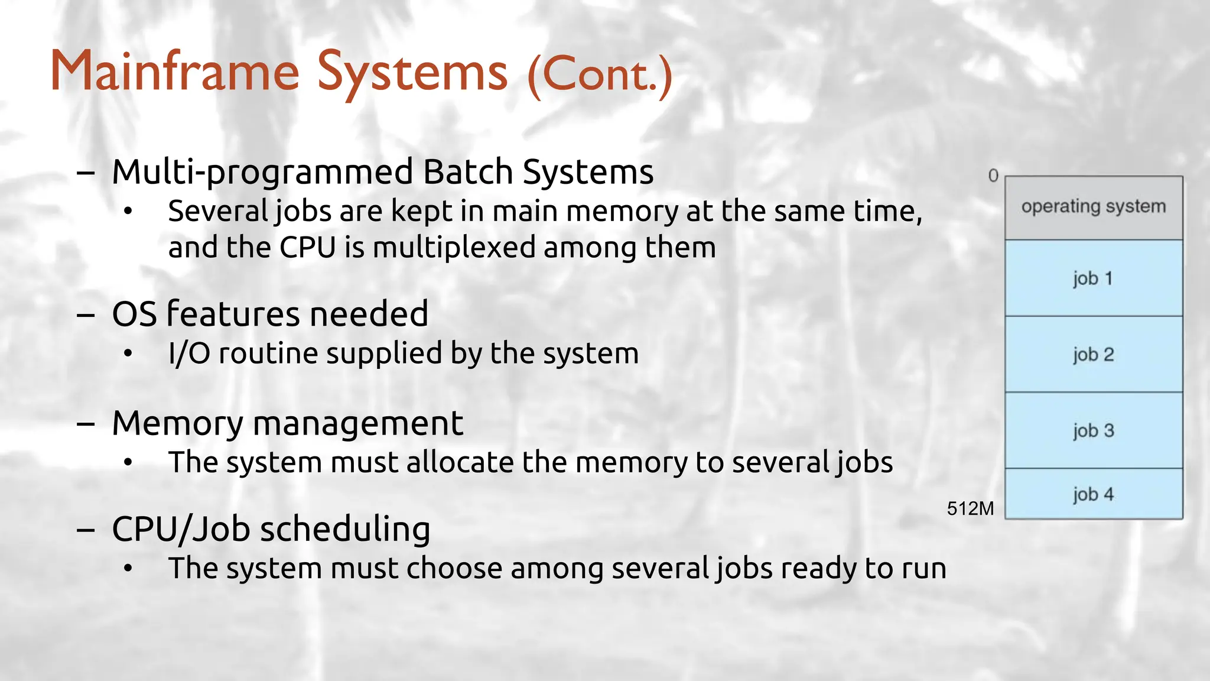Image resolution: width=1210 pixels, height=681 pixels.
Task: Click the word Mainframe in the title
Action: click(175, 72)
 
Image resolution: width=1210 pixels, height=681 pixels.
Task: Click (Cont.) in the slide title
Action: click(599, 74)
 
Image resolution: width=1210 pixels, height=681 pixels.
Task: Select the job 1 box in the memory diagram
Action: click(1093, 278)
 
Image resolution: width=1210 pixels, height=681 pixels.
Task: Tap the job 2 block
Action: click(1093, 354)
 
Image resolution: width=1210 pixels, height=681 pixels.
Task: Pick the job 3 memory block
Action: click(1093, 430)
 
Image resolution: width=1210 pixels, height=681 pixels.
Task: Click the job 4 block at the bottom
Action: click(1093, 494)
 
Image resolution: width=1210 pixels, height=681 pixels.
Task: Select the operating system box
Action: click(1093, 207)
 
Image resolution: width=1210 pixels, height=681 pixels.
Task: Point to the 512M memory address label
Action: click(970, 508)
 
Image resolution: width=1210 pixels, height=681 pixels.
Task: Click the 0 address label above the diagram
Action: click(993, 176)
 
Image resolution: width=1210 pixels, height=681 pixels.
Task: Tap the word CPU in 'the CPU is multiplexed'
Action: click(307, 247)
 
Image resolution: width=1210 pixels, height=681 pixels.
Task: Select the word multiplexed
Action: click(454, 248)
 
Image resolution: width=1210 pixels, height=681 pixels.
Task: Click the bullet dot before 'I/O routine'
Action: click(128, 354)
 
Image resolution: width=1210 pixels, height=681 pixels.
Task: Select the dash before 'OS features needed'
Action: click(86, 315)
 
